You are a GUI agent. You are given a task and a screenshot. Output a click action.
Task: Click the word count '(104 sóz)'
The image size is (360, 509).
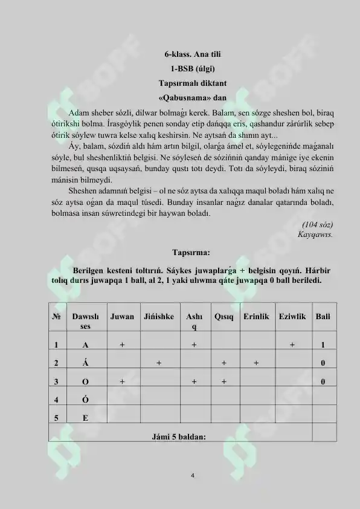click(318, 224)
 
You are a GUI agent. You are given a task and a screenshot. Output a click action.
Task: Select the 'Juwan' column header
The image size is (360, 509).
click(122, 316)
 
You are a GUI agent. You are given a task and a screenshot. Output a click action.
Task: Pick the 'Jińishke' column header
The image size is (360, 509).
click(159, 316)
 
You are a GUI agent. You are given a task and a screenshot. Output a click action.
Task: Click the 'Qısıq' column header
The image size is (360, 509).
click(223, 316)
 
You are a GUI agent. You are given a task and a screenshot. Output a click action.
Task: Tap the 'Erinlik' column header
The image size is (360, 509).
click(256, 316)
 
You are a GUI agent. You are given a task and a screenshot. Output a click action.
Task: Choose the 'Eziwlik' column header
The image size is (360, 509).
click(292, 316)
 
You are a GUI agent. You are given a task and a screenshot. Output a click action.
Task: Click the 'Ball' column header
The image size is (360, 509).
click(323, 316)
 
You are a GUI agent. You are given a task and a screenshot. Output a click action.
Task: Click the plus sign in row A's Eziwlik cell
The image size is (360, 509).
click(292, 345)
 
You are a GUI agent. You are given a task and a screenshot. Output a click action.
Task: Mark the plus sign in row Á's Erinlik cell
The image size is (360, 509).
click(256, 363)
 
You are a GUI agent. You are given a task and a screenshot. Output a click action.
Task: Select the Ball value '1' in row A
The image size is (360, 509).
click(324, 345)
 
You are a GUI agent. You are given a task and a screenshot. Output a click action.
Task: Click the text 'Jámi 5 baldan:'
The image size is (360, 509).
click(180, 436)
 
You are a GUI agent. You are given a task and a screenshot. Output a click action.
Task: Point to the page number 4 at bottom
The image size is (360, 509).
click(192, 475)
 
